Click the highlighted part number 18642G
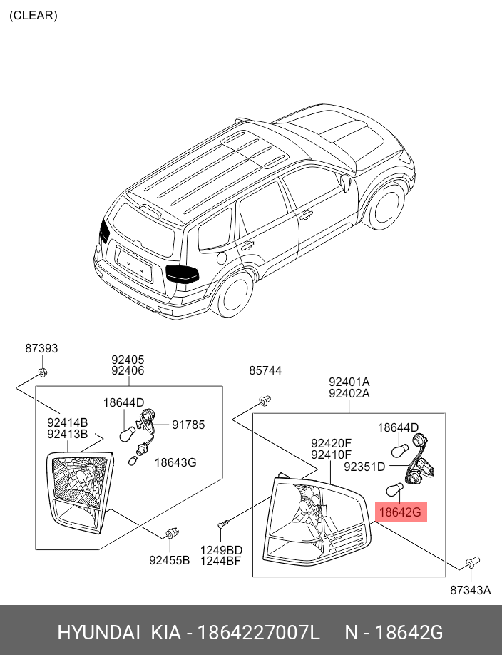400,512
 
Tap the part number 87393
41,349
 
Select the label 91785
188,425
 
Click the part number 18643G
175,462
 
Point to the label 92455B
169,560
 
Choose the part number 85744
265,371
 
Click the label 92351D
364,467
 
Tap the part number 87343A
470,590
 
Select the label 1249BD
221,549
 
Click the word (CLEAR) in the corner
34,15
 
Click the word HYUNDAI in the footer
98,633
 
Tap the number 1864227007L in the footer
258,633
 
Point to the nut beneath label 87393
42,372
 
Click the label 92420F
331,443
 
